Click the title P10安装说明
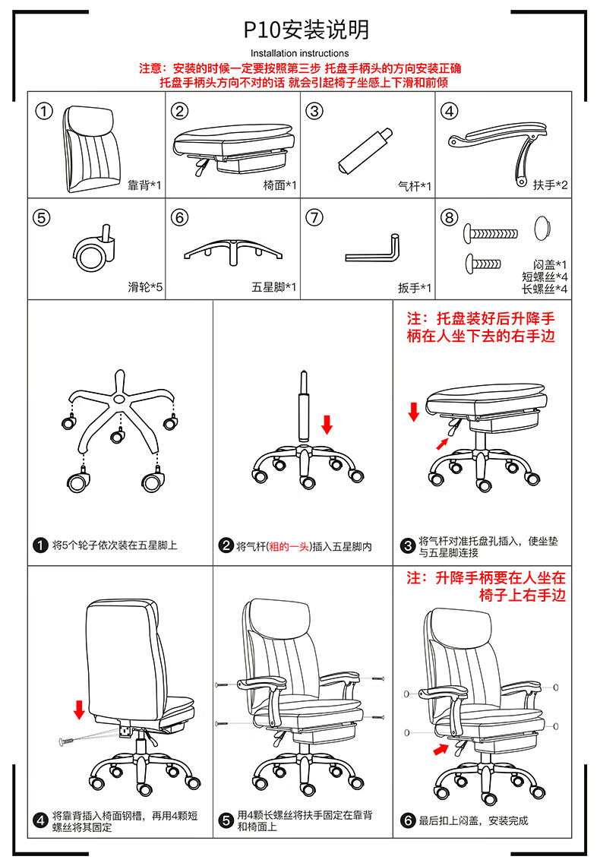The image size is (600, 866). pos(306,30)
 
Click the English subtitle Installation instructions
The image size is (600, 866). pos(300,54)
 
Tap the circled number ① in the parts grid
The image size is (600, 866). pos(44,111)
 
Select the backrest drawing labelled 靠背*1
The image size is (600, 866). pos(92,149)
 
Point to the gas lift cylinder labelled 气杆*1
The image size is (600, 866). pos(365,151)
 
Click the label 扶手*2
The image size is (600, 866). pos(550,185)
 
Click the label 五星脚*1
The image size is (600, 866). pos(273,287)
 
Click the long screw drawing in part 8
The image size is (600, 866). pos(491,232)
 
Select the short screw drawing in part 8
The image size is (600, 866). pos(483,263)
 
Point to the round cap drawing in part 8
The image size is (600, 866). pos(543,228)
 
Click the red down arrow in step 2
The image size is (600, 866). pos(327,424)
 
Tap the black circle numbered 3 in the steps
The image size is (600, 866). pos(408,545)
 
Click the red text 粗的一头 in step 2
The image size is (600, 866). pos(289,547)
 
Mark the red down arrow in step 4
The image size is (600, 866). pos(79,710)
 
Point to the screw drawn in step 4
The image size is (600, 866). pos(67,741)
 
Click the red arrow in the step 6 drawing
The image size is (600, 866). pos(441,749)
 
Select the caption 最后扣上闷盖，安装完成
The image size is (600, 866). pos(473,820)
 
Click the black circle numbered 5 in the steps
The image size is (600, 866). pos(226,820)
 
